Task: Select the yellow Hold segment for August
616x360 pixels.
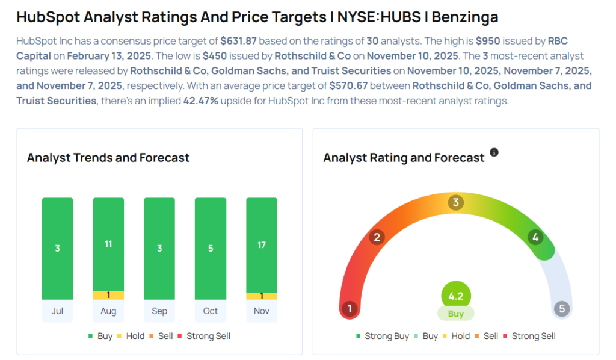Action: pos(108,295)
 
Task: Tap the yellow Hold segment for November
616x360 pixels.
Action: pos(262,296)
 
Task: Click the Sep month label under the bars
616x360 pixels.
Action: pos(159,311)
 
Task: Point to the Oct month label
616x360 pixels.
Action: pos(211,311)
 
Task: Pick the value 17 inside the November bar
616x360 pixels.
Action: pos(262,245)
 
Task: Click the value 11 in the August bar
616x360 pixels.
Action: pos(108,244)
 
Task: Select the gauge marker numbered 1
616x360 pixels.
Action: pos(350,309)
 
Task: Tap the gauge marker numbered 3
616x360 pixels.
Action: pos(456,203)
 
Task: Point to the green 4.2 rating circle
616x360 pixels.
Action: pos(456,296)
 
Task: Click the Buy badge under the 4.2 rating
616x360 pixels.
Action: pos(456,314)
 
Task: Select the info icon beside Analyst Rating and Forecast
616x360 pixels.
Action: pos(494,152)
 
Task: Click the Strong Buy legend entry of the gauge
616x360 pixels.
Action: pos(383,336)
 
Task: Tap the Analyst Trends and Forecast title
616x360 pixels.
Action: pos(108,158)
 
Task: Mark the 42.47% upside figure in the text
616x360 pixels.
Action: pos(203,101)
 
